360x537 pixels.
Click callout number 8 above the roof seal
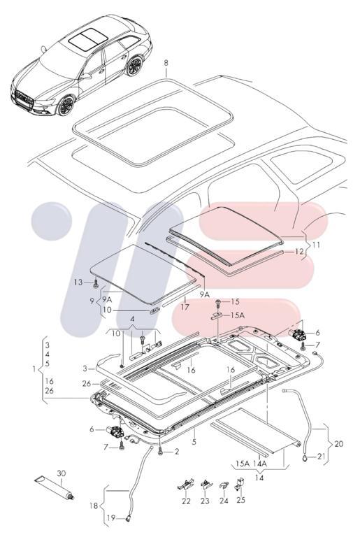pyautogui.click(x=166, y=64)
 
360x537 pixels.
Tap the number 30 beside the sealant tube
pyautogui.click(x=61, y=474)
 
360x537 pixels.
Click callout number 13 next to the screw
pyautogui.click(x=79, y=282)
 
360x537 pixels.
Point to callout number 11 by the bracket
pyautogui.click(x=315, y=245)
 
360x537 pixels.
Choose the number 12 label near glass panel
pyautogui.click(x=298, y=250)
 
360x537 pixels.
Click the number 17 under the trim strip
pyautogui.click(x=185, y=306)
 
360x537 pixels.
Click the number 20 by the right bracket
pyautogui.click(x=339, y=443)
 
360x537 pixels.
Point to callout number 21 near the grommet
pyautogui.click(x=322, y=457)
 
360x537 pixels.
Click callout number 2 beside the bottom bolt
pyautogui.click(x=176, y=452)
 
